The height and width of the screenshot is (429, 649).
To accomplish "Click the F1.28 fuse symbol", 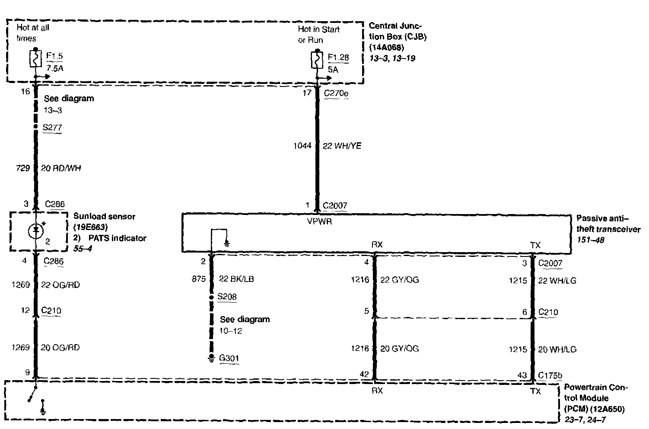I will tap(317, 60).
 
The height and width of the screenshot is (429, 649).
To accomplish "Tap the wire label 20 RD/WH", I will tap(61, 168).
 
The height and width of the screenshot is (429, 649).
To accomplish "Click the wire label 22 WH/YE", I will tap(342, 146).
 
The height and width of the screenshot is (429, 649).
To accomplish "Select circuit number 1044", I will tap(302, 146).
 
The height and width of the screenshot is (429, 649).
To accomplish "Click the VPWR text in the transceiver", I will tap(319, 222).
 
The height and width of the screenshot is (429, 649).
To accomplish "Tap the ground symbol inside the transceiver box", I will tap(226, 243).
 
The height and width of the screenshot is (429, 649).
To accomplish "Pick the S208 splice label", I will tap(227, 297).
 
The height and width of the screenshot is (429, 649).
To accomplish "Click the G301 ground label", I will tap(229, 358).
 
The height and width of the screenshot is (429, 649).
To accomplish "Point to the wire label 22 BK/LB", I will tap(236, 279).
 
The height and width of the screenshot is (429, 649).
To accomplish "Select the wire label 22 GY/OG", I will tap(399, 280).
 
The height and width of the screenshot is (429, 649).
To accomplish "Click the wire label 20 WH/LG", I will tap(557, 349).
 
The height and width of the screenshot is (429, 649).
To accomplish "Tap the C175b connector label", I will tap(550, 375).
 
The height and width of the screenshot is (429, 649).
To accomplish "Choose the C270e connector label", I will tap(336, 93).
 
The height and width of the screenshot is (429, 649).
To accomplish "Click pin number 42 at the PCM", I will tap(365, 375).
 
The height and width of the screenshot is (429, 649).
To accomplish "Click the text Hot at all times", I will tap(32, 33).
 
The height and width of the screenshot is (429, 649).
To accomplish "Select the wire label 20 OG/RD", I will tap(60, 348).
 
